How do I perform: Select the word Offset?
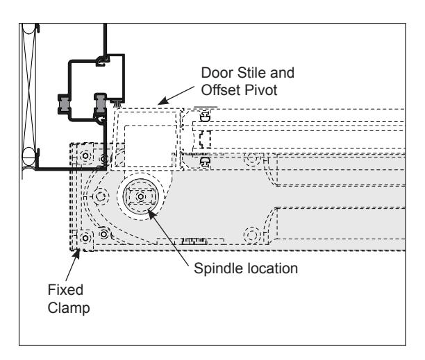click(x=221, y=90)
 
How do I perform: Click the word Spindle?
click(x=217, y=268)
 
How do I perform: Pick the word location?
click(x=271, y=268)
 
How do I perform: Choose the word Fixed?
click(x=65, y=290)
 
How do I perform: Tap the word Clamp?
click(x=69, y=308)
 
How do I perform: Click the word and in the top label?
click(x=282, y=73)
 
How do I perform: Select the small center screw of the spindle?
click(x=140, y=197)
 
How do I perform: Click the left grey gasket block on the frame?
click(x=65, y=104)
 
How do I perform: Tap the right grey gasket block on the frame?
click(x=100, y=103)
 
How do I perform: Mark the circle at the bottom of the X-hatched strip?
click(x=28, y=157)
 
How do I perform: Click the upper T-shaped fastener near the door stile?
click(x=205, y=117)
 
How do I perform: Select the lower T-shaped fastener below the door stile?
click(x=205, y=162)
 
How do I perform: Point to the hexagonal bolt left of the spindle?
click(x=101, y=196)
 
